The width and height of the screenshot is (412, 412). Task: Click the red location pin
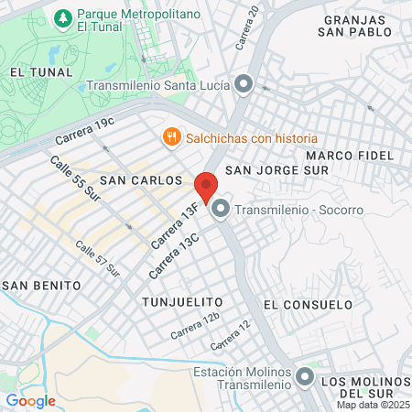tap(206, 187)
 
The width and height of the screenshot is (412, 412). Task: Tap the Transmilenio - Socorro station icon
tap(221, 211)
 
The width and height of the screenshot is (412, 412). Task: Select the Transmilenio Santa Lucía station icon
tap(244, 86)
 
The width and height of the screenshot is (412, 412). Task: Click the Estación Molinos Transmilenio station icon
tap(304, 377)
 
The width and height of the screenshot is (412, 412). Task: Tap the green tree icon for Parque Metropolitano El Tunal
tap(62, 18)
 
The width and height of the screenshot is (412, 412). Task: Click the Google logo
tap(30, 400)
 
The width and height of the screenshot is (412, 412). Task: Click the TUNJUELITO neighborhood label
tap(183, 301)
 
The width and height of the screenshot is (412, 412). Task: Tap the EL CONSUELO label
tap(308, 304)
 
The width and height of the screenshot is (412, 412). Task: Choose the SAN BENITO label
tap(37, 286)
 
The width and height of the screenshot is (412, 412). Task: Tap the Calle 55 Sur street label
tap(74, 179)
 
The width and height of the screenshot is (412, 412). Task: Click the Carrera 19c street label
tap(85, 131)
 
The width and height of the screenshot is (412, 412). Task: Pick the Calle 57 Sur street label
tap(97, 258)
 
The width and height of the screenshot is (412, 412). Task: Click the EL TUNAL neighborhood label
tap(35, 70)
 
